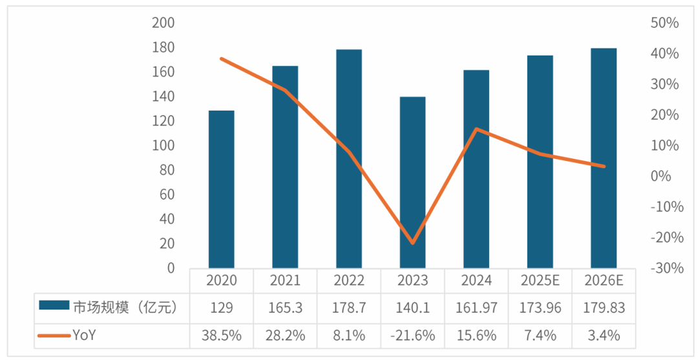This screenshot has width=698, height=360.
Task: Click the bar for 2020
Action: pyautogui.click(x=221, y=189)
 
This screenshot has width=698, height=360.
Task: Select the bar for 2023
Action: pyautogui.click(x=412, y=183)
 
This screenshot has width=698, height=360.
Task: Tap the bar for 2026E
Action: pyautogui.click(x=604, y=158)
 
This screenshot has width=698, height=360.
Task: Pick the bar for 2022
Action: pyautogui.click(x=349, y=159)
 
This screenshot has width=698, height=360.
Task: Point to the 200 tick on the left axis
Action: pyautogui.click(x=164, y=23)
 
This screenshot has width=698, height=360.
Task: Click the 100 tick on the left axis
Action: pyautogui.click(x=164, y=145)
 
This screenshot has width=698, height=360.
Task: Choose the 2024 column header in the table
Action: pyautogui.click(x=476, y=281)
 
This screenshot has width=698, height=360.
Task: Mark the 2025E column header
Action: pyautogui.click(x=540, y=281)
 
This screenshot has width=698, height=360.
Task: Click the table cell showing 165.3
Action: pyautogui.click(x=286, y=308)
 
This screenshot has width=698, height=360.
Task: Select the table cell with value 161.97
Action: pyautogui.click(x=476, y=308)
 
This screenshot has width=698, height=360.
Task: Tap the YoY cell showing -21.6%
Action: pyautogui.click(x=412, y=335)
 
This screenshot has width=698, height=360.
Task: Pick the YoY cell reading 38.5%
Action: pyautogui.click(x=222, y=335)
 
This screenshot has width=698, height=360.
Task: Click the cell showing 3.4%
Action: pyautogui.click(x=604, y=335)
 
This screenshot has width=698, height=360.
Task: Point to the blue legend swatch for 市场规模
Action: pyautogui.click(x=54, y=305)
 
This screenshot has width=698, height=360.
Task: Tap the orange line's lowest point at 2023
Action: pyautogui.click(x=412, y=243)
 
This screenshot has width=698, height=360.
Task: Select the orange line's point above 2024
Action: pyautogui.click(x=476, y=129)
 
